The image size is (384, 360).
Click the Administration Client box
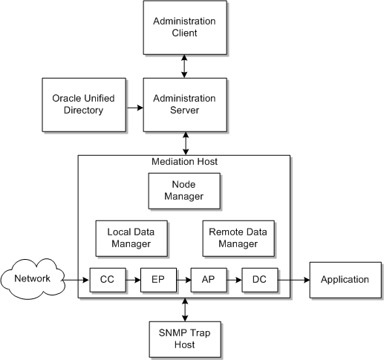coord(184,27)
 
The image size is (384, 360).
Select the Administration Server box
coord(184,104)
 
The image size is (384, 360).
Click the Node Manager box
coord(184,192)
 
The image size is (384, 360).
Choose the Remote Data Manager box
coord(237,238)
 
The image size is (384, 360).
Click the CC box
coord(105,280)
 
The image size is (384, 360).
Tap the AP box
coord(207,280)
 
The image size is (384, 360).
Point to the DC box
coord(259,280)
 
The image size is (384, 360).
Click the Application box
coord(344,280)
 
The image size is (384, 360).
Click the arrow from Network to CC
coord(77,280)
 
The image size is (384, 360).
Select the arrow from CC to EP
coord(131,280)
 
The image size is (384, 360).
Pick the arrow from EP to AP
coord(182,280)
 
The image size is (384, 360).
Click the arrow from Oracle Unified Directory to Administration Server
coord(135,108)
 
